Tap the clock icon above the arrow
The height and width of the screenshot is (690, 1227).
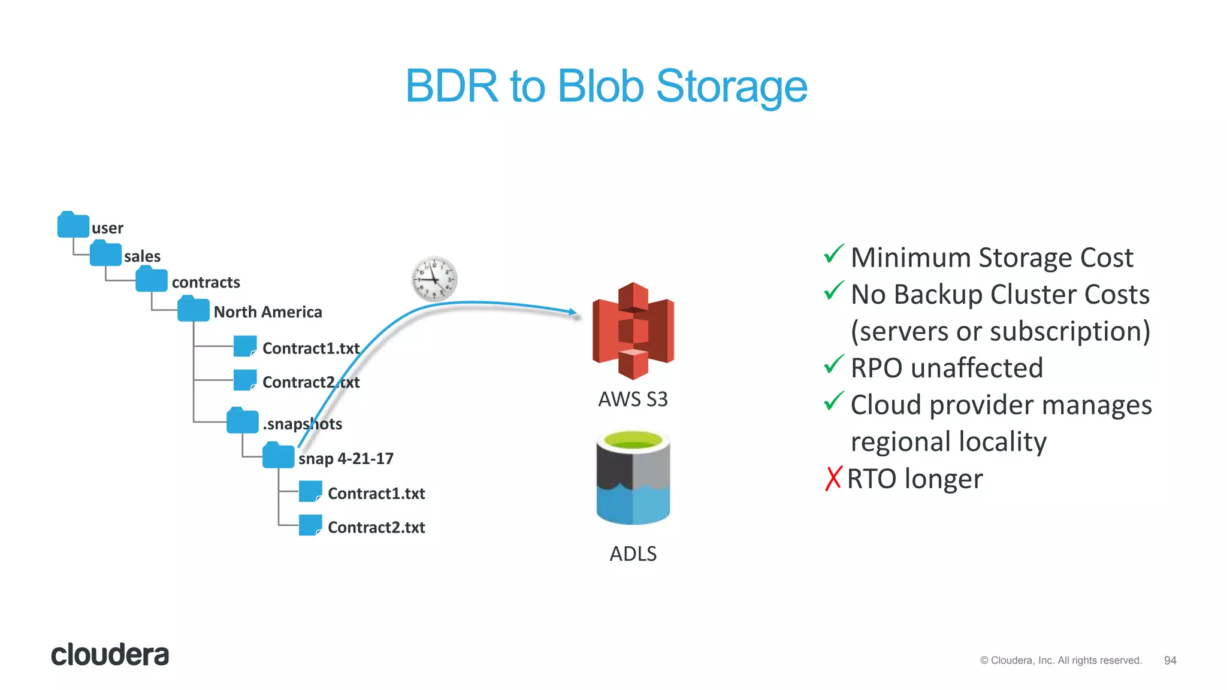[x=434, y=279]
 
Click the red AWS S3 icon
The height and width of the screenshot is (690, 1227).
[x=633, y=331]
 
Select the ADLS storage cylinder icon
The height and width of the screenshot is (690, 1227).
[x=633, y=477]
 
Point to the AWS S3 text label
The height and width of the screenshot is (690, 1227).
[x=633, y=399]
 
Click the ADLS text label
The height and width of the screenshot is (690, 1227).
[x=633, y=553]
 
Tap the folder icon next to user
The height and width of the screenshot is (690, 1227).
[x=73, y=225]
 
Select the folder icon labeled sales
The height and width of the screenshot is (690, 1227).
[x=105, y=254]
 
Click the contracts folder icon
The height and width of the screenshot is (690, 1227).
[x=151, y=280]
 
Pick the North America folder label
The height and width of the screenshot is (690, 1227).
[x=268, y=312]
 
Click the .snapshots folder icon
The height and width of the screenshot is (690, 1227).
[x=242, y=421]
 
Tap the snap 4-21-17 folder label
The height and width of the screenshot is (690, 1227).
[x=346, y=459]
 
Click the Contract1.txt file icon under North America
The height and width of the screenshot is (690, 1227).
[x=244, y=346]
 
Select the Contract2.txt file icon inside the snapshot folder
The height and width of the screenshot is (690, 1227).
[x=310, y=525]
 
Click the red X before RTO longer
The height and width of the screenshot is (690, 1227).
[x=833, y=479]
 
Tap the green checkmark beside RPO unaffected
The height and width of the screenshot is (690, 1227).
[x=833, y=365]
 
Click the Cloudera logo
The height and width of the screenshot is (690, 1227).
[x=110, y=655]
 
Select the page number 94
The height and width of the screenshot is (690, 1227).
[x=1169, y=660]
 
